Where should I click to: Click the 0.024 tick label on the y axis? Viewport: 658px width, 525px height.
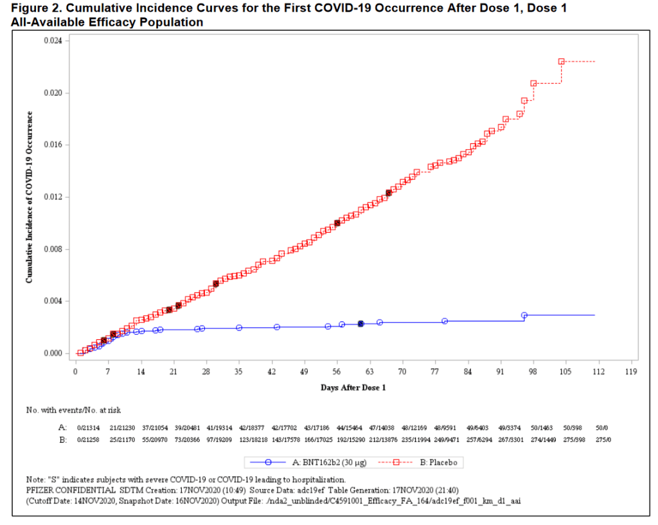[x=53, y=41]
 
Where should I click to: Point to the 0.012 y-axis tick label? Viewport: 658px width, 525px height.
[x=53, y=197]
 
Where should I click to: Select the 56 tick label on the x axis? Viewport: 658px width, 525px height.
[x=337, y=372]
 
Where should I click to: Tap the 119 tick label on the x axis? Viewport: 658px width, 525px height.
[x=630, y=372]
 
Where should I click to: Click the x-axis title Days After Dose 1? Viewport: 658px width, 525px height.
[x=353, y=387]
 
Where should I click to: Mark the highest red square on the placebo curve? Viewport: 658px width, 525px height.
[x=561, y=62]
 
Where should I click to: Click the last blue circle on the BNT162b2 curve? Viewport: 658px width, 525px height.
[x=524, y=316]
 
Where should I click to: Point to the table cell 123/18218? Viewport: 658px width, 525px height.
[x=237, y=440]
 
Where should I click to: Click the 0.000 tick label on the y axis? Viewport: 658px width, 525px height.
[x=53, y=353]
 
